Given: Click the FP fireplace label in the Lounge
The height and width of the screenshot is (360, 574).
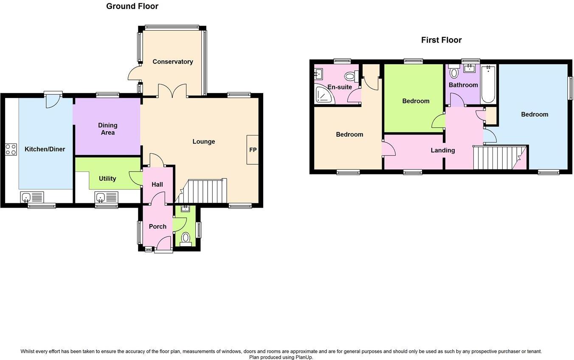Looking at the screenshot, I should click(x=253, y=150).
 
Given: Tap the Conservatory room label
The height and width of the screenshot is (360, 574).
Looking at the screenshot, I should click(x=173, y=62).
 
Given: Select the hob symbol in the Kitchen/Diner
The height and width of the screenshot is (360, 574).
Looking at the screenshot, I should click(x=11, y=149).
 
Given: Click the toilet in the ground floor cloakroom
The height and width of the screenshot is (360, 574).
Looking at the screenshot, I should click(x=186, y=239).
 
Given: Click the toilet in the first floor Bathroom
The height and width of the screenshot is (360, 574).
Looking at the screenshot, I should click(x=454, y=72).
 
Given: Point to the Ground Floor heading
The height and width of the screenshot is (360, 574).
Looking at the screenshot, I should click(x=132, y=6).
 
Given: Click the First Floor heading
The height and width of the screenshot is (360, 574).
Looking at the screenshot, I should click(x=441, y=40).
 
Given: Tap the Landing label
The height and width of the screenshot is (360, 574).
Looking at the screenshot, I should click(x=442, y=150).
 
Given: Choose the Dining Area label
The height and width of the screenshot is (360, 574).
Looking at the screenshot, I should click(x=107, y=129).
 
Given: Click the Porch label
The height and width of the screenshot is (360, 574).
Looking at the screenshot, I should click(x=158, y=226).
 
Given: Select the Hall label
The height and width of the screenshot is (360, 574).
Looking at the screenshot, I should click(x=157, y=184).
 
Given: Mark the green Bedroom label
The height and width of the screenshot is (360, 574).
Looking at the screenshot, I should click(x=416, y=101).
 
